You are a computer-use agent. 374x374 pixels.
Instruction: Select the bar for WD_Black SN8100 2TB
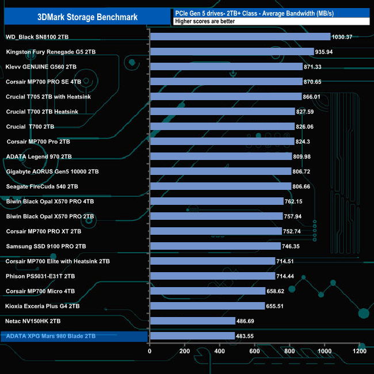tap(240, 37)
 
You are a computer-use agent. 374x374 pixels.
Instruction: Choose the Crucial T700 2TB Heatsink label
tap(42, 112)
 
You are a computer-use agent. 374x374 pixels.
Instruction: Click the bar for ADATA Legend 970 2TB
tap(220, 156)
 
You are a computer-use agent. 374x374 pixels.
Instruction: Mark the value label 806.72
tap(304, 171)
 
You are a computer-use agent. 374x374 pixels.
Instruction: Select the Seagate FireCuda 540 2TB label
tap(42, 186)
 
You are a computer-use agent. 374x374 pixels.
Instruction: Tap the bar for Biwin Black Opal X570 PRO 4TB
tap(216, 201)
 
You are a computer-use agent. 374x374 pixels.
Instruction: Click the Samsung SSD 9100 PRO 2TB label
tap(45, 246)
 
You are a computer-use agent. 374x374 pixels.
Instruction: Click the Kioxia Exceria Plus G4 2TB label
tap(43, 306)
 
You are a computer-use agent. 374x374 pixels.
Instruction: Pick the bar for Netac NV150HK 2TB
tap(192, 320)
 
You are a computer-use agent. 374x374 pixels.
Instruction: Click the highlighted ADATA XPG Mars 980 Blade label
tap(51, 336)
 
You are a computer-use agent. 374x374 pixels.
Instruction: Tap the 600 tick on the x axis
tap(255, 351)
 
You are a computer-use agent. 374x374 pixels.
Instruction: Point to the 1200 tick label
tap(360, 351)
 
